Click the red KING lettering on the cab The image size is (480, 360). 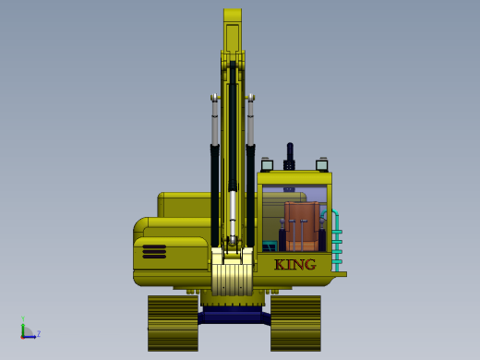[295, 265]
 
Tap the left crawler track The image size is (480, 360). [173, 323]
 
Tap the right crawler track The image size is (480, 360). [295, 323]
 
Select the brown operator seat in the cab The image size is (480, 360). [302, 225]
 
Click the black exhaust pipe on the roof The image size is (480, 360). [290, 156]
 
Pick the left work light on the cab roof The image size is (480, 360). [267, 164]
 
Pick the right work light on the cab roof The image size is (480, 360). [322, 164]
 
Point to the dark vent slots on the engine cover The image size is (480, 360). [154, 252]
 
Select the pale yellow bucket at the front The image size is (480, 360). [233, 271]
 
